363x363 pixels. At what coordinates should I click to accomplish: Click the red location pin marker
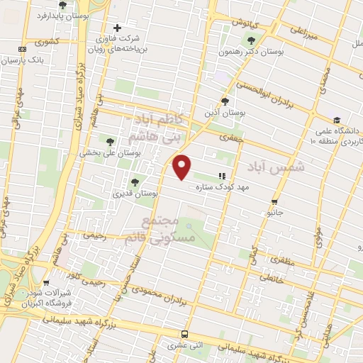[x=182, y=167]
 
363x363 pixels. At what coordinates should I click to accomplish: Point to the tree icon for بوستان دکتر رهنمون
[x=252, y=38]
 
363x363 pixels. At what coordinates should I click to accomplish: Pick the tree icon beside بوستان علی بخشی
[x=109, y=140]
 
